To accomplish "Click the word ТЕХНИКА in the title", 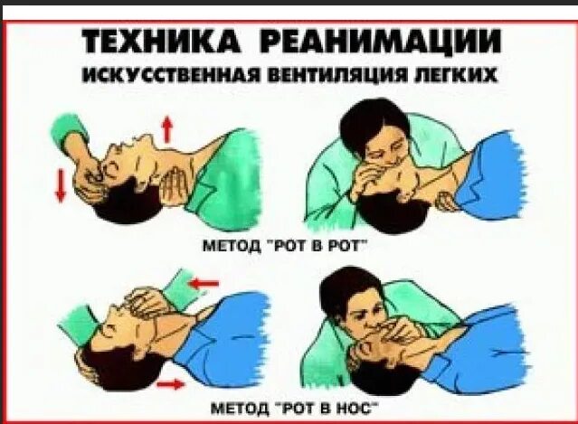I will pyautogui.click(x=162, y=42).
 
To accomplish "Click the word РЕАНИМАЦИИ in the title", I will pyautogui.click(x=375, y=42).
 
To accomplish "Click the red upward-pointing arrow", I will pyautogui.click(x=166, y=129).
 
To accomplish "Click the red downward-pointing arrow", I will pyautogui.click(x=61, y=184).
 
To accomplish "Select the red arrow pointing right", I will pyautogui.click(x=169, y=385).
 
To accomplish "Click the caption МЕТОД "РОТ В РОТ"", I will pyautogui.click(x=287, y=244).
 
